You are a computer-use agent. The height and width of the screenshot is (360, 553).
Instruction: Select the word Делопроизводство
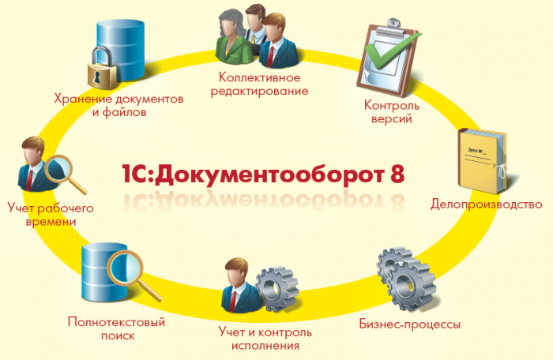486,204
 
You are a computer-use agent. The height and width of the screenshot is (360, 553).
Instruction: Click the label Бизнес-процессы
410,324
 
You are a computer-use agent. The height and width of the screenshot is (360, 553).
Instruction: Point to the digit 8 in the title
397,173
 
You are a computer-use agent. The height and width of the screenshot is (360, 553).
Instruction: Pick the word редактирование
260,91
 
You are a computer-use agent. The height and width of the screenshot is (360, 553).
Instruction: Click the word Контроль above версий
392,105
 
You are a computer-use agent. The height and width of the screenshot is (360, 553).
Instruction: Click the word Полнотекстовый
116,322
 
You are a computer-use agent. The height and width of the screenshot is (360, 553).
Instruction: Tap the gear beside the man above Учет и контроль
277,289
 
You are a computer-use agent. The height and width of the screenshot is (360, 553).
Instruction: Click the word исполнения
265,345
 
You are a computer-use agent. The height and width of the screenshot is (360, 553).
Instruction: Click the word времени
51,222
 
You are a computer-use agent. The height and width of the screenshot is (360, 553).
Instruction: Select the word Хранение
82,99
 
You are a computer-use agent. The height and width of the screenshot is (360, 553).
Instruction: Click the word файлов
125,112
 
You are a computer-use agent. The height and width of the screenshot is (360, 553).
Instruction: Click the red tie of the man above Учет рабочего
30,179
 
